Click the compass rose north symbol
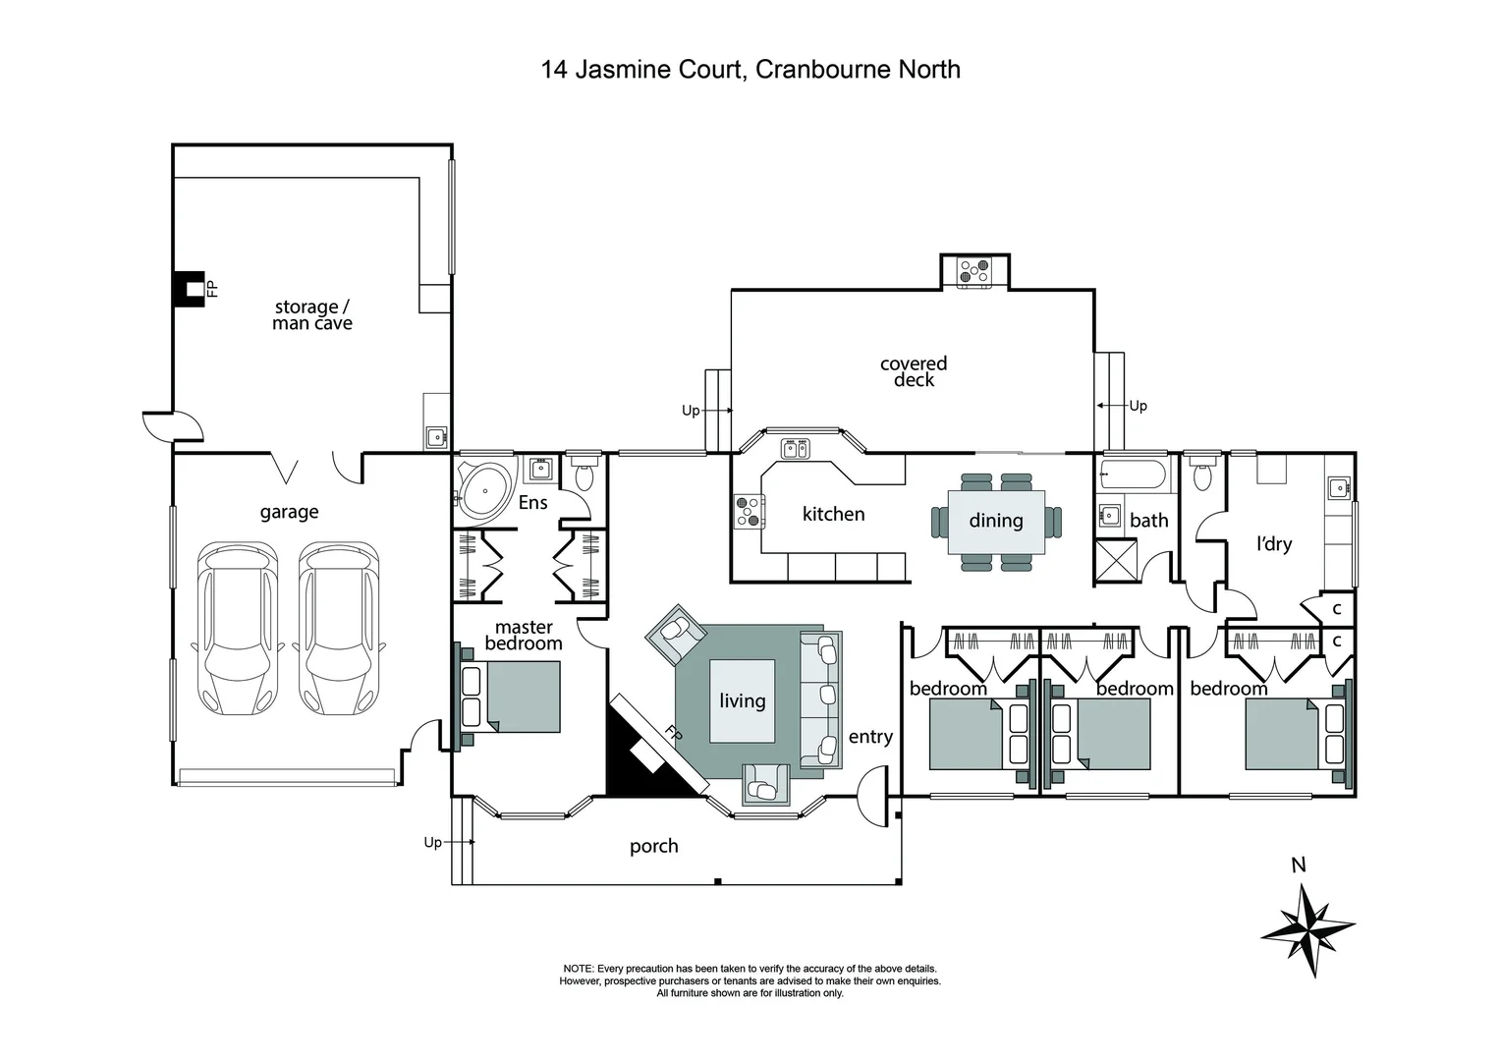(x=1307, y=927)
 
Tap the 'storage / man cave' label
(x=311, y=315)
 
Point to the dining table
(x=996, y=521)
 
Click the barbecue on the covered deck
(x=974, y=271)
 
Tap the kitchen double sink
(x=796, y=450)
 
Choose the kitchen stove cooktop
(x=749, y=512)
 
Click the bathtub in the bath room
(x=1134, y=475)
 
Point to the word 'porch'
(x=653, y=846)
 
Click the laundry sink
(x=1337, y=487)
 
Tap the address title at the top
(x=750, y=70)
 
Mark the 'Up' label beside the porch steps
(x=432, y=842)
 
